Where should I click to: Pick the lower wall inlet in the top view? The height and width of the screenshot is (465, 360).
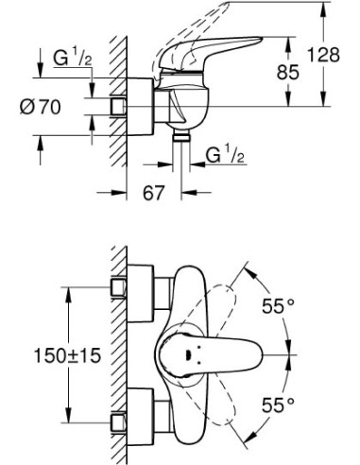tap(121, 422)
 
